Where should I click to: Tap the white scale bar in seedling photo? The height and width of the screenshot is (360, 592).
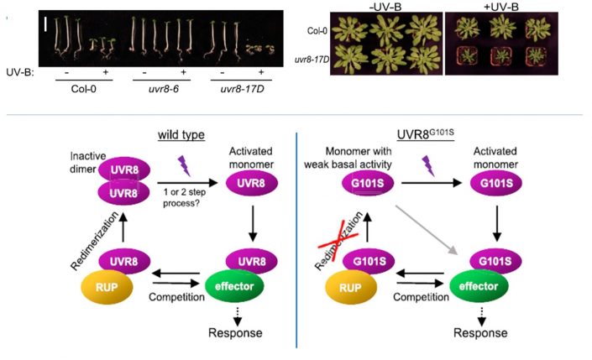tap(48, 19)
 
